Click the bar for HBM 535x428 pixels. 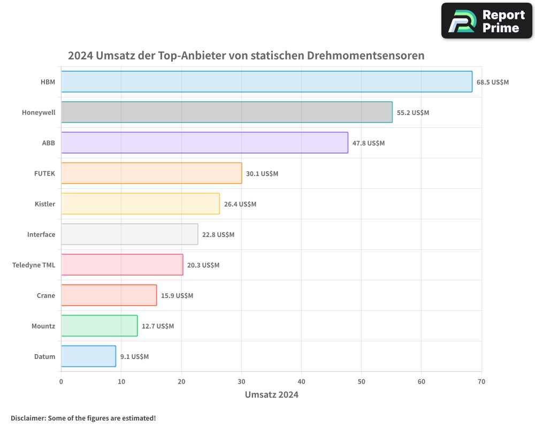(266, 82)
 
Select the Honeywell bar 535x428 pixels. (226, 112)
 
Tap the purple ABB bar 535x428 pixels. (204, 143)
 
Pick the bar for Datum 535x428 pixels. (88, 356)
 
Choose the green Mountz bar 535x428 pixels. (99, 326)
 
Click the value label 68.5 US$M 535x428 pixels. (493, 82)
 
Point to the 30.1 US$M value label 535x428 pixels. (262, 174)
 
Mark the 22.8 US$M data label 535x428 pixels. (218, 235)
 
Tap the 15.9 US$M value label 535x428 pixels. (177, 296)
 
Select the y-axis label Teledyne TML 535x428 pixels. (34, 265)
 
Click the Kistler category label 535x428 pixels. (45, 204)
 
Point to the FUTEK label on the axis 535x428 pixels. (44, 174)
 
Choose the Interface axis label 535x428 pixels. (41, 235)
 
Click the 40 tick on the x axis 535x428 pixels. (301, 382)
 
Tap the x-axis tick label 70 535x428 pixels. (481, 382)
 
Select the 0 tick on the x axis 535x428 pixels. (61, 382)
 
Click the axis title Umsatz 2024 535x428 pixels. (271, 395)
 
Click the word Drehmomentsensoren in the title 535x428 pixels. (365, 56)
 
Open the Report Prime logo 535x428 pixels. (486, 21)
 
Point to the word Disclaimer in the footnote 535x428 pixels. (28, 418)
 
